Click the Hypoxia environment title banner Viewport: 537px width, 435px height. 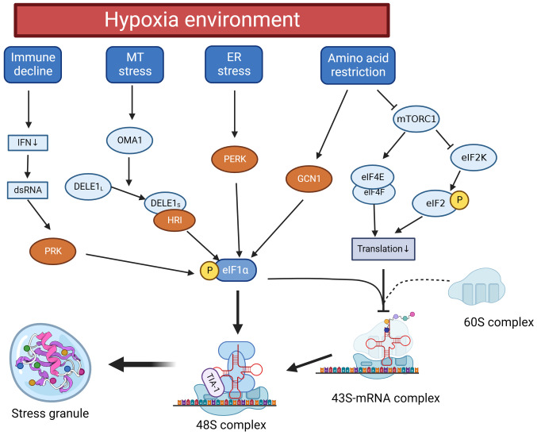pos(196,20)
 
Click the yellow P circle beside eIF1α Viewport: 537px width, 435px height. pos(209,270)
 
